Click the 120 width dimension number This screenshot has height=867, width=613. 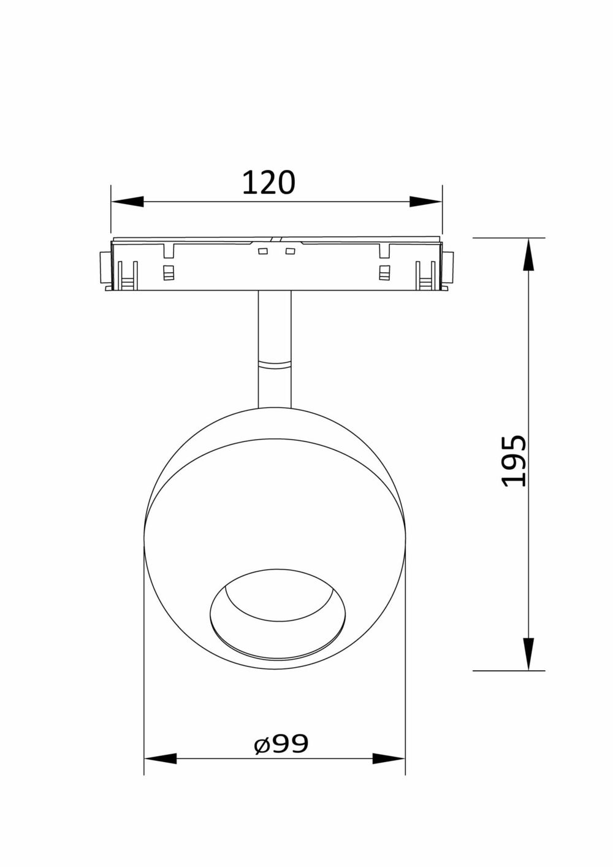pyautogui.click(x=268, y=182)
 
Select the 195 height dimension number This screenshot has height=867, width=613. pyautogui.click(x=514, y=461)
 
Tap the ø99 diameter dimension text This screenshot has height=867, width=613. pyautogui.click(x=281, y=744)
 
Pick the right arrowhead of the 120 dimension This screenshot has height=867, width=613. pyautogui.click(x=425, y=202)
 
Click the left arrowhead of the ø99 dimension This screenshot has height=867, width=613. pyautogui.click(x=160, y=758)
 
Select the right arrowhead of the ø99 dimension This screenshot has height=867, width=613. pyautogui.click(x=389, y=758)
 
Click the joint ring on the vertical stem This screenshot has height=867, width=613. pyautogui.click(x=275, y=365)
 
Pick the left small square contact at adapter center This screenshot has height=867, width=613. pyautogui.click(x=262, y=251)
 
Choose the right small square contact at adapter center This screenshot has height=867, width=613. pyautogui.click(x=290, y=251)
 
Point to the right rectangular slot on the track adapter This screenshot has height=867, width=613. pyautogui.click(x=384, y=273)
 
